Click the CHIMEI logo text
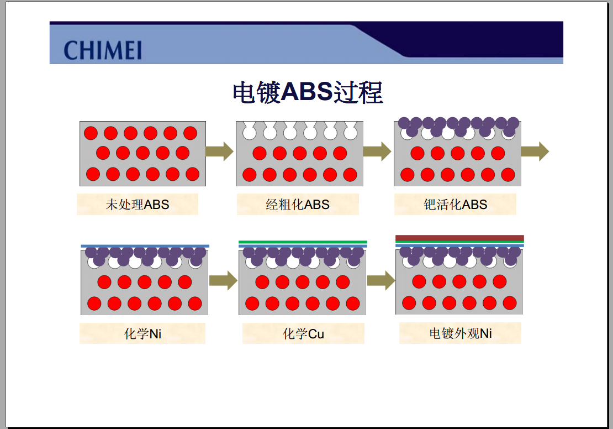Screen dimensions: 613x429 [102, 50]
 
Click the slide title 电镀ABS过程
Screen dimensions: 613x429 [308, 92]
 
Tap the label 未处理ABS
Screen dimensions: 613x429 [137, 205]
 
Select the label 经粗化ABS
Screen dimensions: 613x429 [298, 205]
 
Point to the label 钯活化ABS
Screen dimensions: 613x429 [456, 205]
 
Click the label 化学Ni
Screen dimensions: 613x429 [142, 333]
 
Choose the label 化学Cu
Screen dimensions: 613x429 [303, 333]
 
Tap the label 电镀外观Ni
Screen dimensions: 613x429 [461, 333]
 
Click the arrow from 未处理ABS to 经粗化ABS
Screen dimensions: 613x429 [220, 151]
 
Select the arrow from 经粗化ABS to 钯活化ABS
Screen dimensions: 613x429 [377, 151]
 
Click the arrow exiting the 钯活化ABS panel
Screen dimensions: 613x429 [535, 151]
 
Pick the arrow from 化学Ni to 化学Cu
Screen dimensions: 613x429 [223, 281]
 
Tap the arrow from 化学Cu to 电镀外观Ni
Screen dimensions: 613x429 [381, 281]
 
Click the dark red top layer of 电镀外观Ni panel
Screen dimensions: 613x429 [459, 238]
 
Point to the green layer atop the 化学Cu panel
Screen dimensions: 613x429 [303, 242]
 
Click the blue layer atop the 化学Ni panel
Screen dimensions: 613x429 [145, 246]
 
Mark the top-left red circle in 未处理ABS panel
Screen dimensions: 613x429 [91, 133]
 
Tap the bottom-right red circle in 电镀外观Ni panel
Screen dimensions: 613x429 [509, 303]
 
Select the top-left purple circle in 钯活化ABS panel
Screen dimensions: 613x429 [404, 123]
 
